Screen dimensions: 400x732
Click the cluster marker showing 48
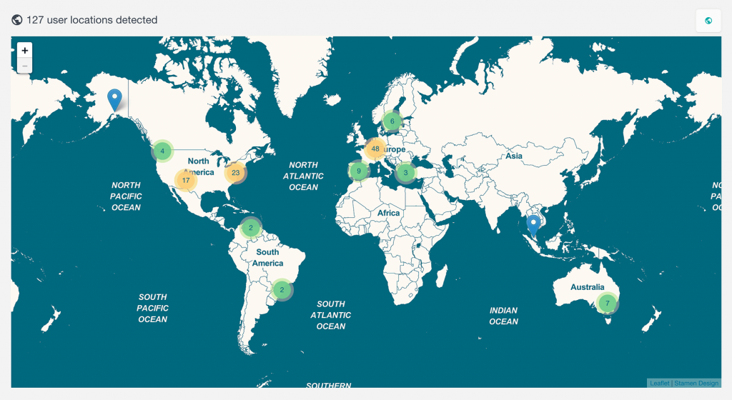pos(375,149)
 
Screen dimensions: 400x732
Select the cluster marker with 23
pos(235,173)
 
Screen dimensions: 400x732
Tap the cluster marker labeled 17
pos(186,181)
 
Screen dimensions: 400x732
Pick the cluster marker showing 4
pos(163,151)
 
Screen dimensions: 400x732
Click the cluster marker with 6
pos(392,121)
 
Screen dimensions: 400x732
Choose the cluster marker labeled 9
pos(359,171)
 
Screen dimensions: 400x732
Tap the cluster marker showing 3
pos(405,172)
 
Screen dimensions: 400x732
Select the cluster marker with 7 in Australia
pos(607,303)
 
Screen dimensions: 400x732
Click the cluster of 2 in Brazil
pos(282,289)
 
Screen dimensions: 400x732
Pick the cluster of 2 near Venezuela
pos(251,228)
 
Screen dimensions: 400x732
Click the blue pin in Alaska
pos(114,100)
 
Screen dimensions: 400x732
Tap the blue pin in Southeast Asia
pos(533,225)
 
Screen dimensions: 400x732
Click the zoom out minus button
pos(25,66)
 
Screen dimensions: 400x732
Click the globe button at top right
pos(708,21)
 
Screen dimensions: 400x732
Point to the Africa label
pos(389,213)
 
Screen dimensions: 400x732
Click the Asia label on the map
pos(513,156)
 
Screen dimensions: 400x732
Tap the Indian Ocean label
pos(503,316)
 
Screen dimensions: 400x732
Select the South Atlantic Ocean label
pos(331,315)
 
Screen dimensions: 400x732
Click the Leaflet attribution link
pos(659,384)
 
